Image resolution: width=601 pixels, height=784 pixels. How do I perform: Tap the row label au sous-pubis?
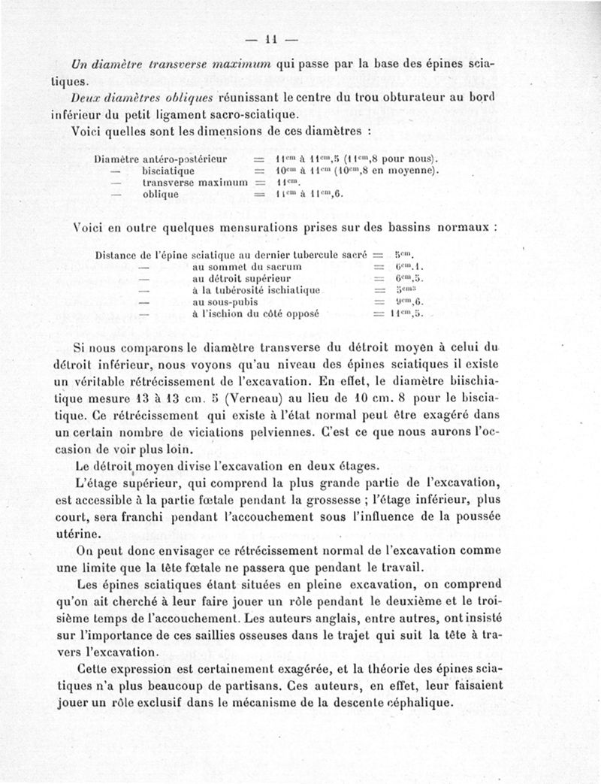point(225,301)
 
